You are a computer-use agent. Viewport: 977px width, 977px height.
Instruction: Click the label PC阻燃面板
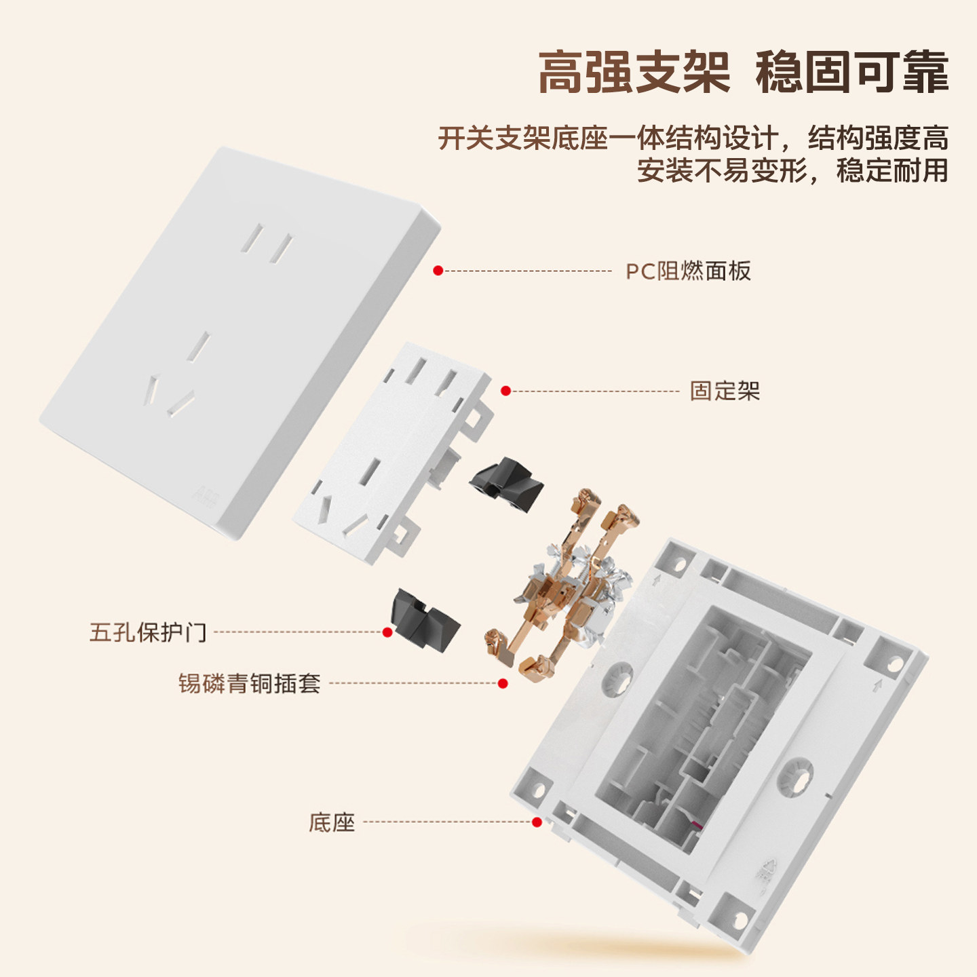[x=688, y=271]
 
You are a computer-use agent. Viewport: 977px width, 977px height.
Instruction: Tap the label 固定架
[x=725, y=391]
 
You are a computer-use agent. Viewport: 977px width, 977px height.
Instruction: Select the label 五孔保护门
[x=148, y=632]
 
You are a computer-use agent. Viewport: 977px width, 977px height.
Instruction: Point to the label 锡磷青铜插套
[x=249, y=683]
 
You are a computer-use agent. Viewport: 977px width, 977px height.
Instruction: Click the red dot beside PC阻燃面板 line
[x=438, y=271]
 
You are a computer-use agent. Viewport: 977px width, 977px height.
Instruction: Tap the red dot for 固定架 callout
[x=505, y=391]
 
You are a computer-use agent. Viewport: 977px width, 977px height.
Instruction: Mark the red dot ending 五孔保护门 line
[x=387, y=632]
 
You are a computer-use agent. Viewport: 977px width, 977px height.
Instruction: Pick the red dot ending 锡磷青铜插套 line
[x=503, y=683]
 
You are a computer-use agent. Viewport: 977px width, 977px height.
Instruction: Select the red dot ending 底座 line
[x=537, y=822]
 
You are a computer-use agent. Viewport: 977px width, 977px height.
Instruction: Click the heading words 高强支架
[x=634, y=72]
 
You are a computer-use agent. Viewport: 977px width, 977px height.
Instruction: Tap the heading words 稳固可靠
[x=851, y=72]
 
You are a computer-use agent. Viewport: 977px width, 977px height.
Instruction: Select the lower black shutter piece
[x=425, y=620]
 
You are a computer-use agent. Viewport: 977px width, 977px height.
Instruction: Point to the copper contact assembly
[x=563, y=583]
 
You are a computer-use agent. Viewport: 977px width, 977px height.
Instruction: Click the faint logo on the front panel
[x=206, y=498]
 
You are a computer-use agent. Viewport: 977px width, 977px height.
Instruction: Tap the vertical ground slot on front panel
[x=199, y=346]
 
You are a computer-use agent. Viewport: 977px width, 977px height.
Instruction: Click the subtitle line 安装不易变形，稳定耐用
[x=792, y=170]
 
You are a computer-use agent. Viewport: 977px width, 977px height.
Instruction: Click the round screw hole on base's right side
[x=796, y=775]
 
